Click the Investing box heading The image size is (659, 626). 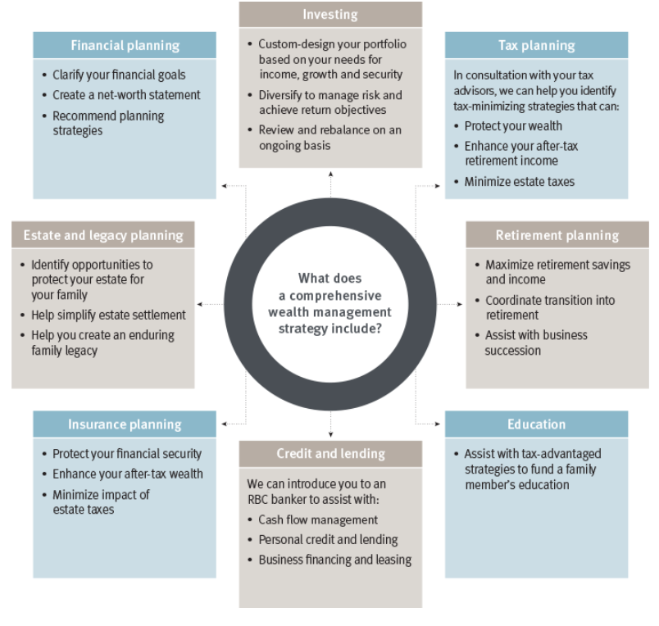(x=330, y=15)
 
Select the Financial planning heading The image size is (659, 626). (x=125, y=45)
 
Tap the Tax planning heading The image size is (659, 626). (x=536, y=45)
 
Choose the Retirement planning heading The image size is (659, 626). (x=557, y=235)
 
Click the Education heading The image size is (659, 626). (x=536, y=424)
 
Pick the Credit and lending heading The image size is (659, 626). (x=330, y=453)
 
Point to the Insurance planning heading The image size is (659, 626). (x=125, y=424)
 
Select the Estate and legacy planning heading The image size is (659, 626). (x=103, y=235)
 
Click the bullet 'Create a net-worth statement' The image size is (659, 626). (x=126, y=95)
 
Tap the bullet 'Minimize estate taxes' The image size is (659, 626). (x=519, y=182)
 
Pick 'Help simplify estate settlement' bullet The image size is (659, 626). (x=108, y=315)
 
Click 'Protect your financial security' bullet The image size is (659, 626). (x=126, y=454)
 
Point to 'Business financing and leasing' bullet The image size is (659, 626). (x=334, y=560)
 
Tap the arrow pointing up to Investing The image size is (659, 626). (x=331, y=174)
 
